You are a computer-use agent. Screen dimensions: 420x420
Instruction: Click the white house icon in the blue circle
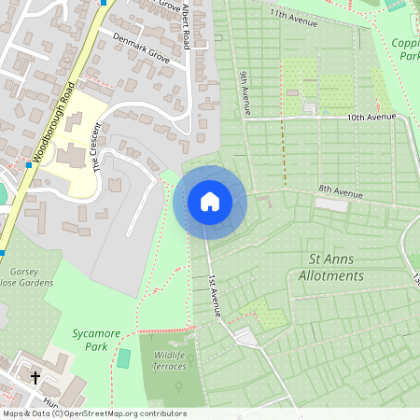click(209, 202)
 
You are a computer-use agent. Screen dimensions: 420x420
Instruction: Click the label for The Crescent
click(94, 148)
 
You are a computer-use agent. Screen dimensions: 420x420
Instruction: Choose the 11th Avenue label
click(290, 15)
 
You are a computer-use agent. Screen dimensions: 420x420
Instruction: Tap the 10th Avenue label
click(371, 118)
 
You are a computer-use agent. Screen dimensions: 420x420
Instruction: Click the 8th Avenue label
click(339, 190)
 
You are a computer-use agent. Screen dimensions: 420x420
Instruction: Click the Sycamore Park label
click(91, 339)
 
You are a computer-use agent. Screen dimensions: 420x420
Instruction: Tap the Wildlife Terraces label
click(169, 359)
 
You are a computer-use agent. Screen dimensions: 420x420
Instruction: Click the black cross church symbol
click(36, 378)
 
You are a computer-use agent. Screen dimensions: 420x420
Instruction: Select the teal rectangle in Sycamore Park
click(125, 358)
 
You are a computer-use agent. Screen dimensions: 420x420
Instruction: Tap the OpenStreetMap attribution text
click(93, 413)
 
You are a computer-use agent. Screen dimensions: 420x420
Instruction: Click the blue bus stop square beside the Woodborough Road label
click(30, 165)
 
